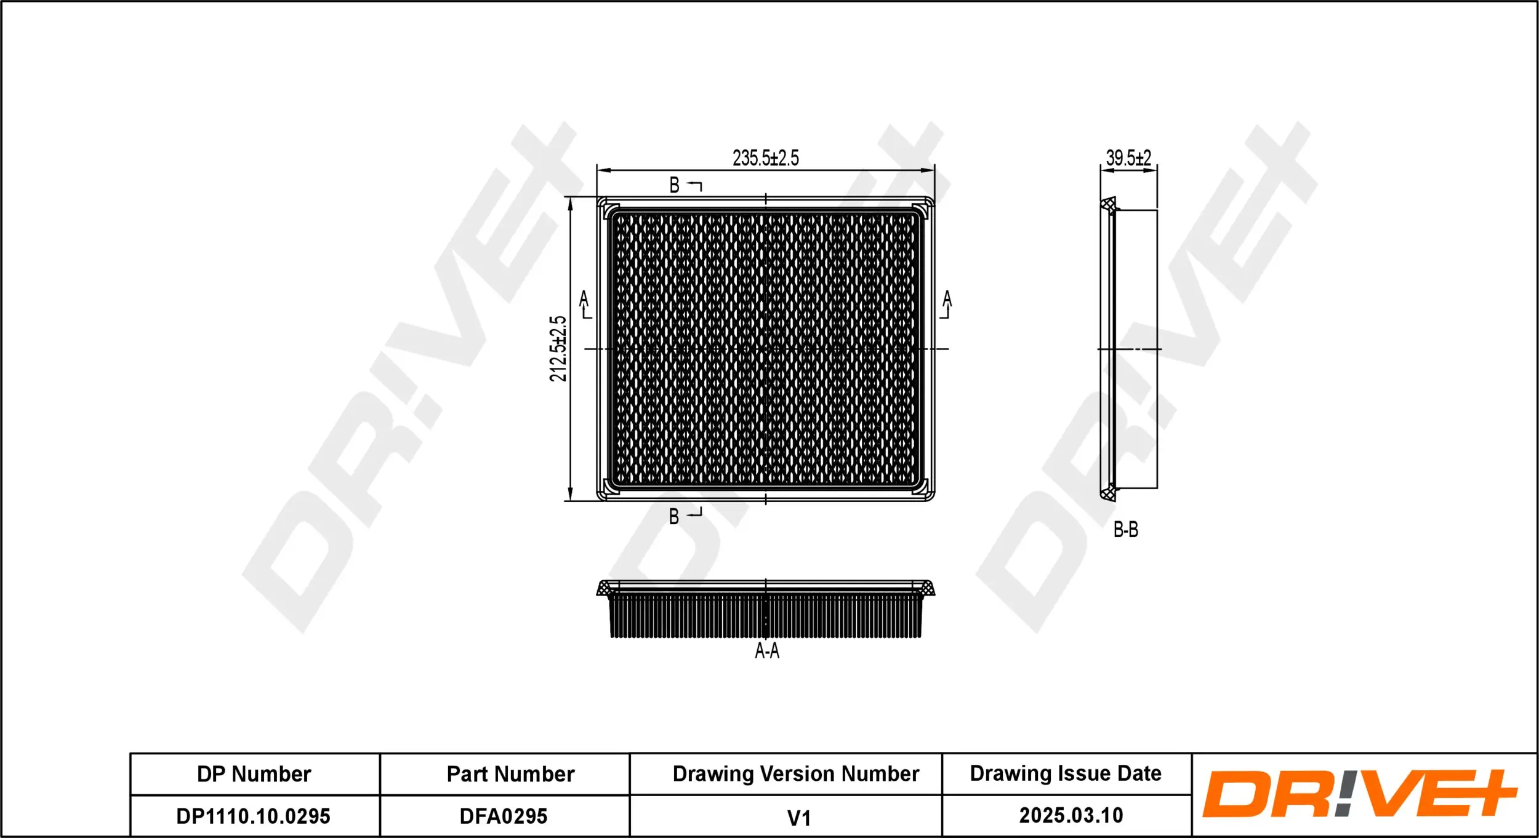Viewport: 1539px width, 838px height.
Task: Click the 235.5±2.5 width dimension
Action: [x=765, y=158]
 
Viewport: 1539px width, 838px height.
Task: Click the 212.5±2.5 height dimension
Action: [x=558, y=348]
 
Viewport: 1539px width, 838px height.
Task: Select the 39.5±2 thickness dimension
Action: [x=1128, y=158]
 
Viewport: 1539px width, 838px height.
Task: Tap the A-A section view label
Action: [x=767, y=651]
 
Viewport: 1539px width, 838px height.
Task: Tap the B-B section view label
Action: [x=1125, y=530]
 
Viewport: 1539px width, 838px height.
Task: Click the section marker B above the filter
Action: [x=675, y=185]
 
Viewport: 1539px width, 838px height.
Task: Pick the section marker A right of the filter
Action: [x=947, y=300]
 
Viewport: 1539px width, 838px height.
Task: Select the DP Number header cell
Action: [x=254, y=774]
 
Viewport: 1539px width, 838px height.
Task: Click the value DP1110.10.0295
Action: [x=254, y=816]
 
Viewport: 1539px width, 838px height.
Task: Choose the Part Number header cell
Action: [x=510, y=774]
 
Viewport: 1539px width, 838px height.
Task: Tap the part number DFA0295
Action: [x=504, y=816]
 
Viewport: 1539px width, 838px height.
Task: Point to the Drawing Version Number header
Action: [x=795, y=774]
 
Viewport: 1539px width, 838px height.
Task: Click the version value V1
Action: [x=798, y=818]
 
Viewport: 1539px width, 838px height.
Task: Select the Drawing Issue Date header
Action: [x=1066, y=773]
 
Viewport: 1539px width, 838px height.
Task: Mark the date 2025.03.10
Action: [x=1071, y=816]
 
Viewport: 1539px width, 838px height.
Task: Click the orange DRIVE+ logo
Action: [x=1360, y=794]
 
